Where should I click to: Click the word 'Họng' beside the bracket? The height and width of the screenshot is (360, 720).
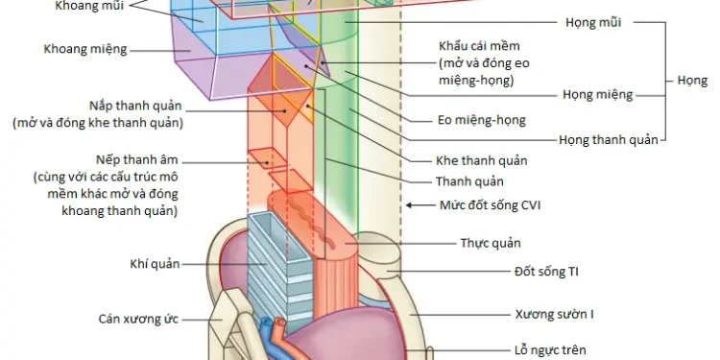(x=692, y=81)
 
